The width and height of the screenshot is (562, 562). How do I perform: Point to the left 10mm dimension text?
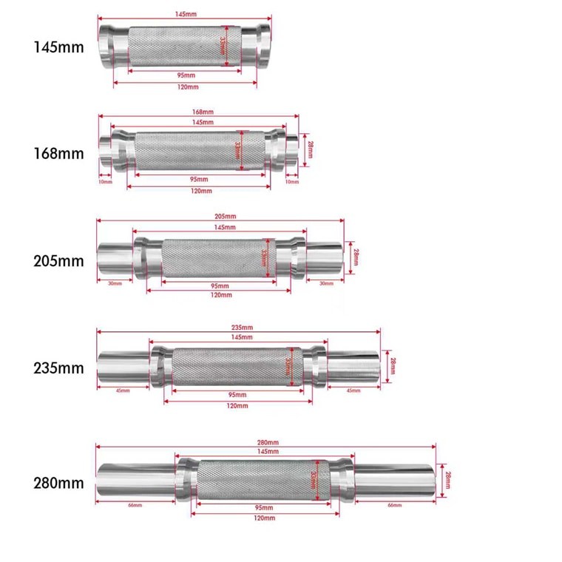105,181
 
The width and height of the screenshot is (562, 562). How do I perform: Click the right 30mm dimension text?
325,282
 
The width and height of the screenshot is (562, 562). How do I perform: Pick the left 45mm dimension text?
123,390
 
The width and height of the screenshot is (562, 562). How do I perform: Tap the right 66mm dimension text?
394,505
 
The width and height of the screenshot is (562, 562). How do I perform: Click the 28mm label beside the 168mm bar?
311,149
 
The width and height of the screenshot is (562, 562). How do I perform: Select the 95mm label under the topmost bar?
186,75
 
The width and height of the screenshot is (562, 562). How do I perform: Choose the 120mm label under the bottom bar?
265,518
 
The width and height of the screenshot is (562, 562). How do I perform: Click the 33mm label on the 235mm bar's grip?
288,367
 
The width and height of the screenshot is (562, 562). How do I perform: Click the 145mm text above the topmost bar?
186,14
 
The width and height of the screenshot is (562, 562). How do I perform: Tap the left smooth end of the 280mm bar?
133,479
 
